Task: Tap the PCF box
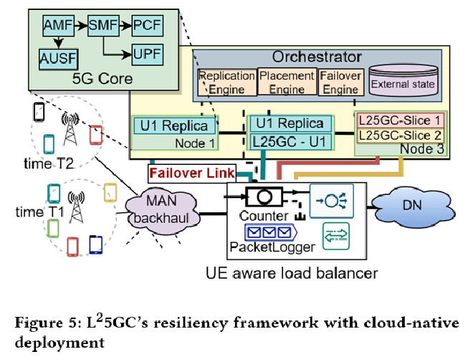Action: pyautogui.click(x=147, y=27)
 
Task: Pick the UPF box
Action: pyautogui.click(x=147, y=52)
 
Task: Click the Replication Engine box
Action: pyautogui.click(x=226, y=82)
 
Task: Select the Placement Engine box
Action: pyautogui.click(x=287, y=82)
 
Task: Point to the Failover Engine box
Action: pyautogui.click(x=340, y=82)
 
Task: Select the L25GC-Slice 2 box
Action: pyautogui.click(x=400, y=135)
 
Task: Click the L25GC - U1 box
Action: pyautogui.click(x=290, y=142)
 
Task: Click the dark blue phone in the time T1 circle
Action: pyautogui.click(x=96, y=244)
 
